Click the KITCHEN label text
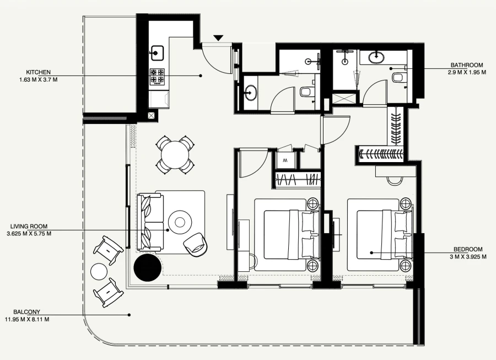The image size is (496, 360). point(38,72)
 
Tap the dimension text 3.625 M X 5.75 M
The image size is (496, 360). point(29,234)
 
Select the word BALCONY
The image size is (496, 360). point(28,311)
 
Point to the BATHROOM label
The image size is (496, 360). point(468,65)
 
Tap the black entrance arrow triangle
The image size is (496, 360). point(219,38)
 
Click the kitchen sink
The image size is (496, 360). point(157,53)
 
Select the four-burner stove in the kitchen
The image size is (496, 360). point(158,76)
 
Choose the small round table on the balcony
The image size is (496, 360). point(100,272)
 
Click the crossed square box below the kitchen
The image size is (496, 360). point(152,116)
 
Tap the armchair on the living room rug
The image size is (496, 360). point(196,243)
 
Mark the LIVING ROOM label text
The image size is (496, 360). point(29,226)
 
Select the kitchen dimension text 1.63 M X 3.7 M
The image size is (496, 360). point(38,79)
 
